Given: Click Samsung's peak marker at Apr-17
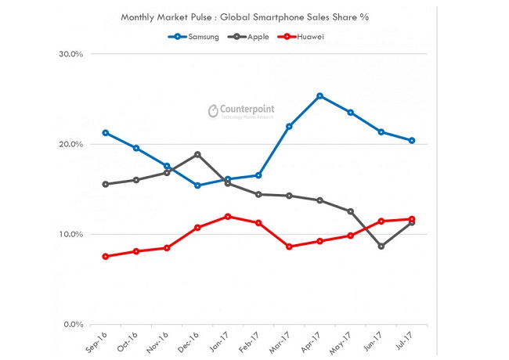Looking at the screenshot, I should pyautogui.click(x=319, y=95).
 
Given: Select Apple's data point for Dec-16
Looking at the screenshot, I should pyautogui.click(x=197, y=154).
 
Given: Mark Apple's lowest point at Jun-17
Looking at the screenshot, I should pyautogui.click(x=381, y=246).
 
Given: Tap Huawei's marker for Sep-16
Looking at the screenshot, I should pyautogui.click(x=106, y=256).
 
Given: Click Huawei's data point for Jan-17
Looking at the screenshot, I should pyautogui.click(x=228, y=216).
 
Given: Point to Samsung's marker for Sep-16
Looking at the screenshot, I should pyautogui.click(x=106, y=133).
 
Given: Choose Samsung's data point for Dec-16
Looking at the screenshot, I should pyautogui.click(x=197, y=185).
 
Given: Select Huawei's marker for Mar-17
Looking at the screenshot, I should pyautogui.click(x=289, y=247).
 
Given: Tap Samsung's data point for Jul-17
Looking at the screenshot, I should pyautogui.click(x=412, y=141).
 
